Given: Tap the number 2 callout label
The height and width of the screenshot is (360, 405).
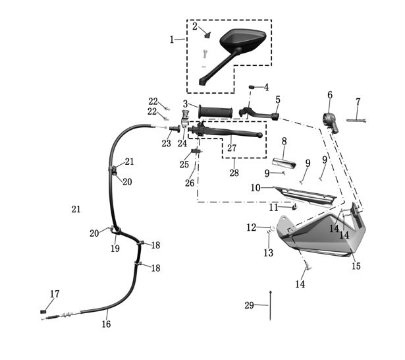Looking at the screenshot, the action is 195,26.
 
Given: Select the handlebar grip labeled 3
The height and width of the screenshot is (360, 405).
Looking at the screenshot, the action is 215,112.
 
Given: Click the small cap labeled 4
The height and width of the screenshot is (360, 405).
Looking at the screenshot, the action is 252,86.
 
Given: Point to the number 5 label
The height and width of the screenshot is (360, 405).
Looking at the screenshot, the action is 278,100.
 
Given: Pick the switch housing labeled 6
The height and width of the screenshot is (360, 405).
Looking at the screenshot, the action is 331,122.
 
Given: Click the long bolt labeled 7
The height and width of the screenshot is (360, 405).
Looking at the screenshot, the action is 356,120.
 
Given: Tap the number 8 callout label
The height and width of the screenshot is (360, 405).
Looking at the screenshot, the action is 284,142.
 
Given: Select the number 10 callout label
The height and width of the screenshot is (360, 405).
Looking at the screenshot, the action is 256,188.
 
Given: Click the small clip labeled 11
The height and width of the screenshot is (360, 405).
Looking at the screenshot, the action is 294,207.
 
